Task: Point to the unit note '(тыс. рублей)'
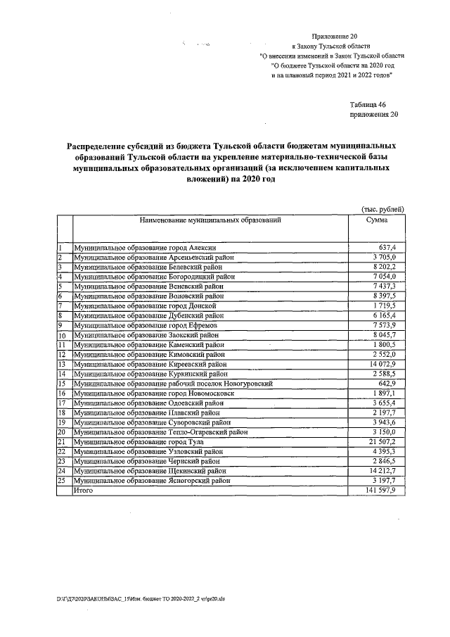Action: click(x=382, y=210)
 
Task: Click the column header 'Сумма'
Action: click(x=377, y=220)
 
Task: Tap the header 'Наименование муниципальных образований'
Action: click(x=210, y=220)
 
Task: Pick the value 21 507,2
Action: click(x=384, y=441)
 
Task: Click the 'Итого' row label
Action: click(x=84, y=489)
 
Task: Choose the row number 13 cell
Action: click(x=62, y=364)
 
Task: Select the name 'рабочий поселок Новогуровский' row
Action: click(x=173, y=384)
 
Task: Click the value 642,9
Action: click(x=388, y=384)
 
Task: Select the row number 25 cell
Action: click(x=62, y=479)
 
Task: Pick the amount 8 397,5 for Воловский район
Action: click(x=386, y=296)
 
